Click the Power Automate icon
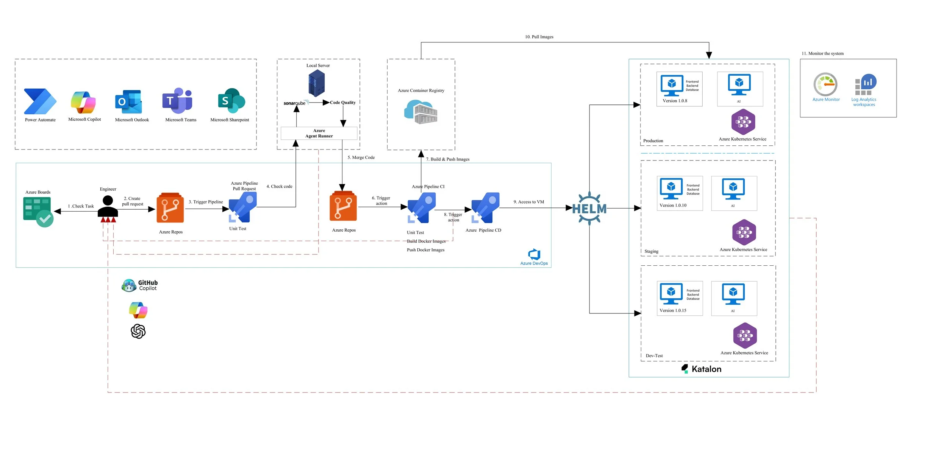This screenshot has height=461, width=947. click(x=40, y=101)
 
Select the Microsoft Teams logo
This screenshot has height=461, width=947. click(x=178, y=101)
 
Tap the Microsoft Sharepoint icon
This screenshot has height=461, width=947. click(x=231, y=101)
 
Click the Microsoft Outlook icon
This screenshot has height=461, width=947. click(x=129, y=101)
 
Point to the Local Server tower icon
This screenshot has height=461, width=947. click(x=316, y=83)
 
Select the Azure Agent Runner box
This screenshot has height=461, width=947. click(x=319, y=133)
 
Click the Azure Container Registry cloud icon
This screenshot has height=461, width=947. click(x=420, y=112)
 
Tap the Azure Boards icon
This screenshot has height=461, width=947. click(x=38, y=212)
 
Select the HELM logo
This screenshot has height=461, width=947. click(x=589, y=209)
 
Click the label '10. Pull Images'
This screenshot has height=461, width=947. click(x=539, y=37)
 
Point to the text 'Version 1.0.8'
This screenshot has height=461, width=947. click(x=675, y=101)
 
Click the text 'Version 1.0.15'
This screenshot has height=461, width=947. click(x=673, y=310)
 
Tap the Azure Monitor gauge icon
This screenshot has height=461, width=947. click(x=825, y=84)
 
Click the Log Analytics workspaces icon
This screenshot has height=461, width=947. click(x=866, y=85)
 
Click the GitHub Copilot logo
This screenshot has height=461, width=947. click(x=140, y=285)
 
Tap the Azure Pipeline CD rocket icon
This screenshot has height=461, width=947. click(x=485, y=208)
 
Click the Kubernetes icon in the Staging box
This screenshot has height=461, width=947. click(x=744, y=232)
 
